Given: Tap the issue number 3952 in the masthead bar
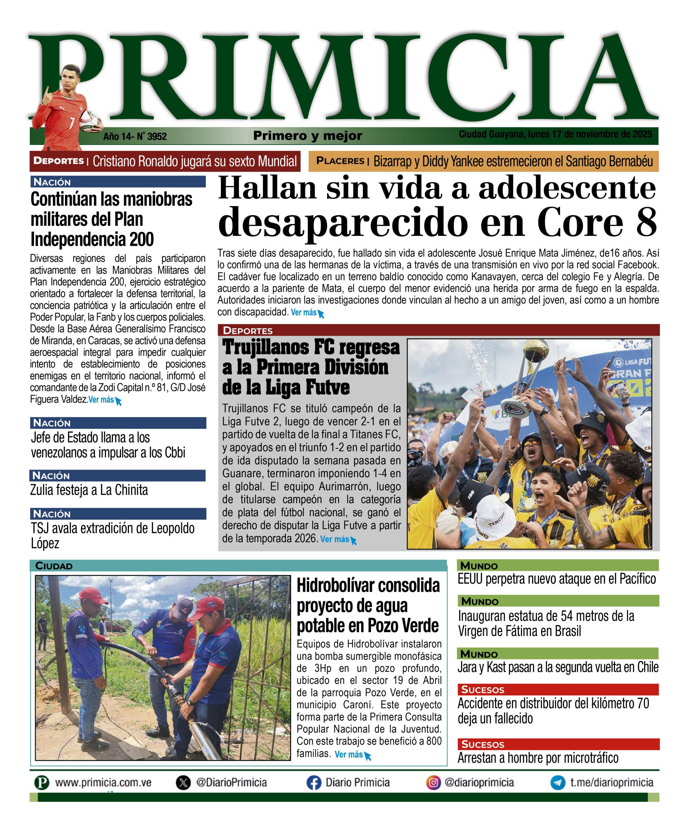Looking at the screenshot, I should (x=157, y=137).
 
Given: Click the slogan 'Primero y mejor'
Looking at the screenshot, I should (x=308, y=136).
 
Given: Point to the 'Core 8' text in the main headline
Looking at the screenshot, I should (x=597, y=222).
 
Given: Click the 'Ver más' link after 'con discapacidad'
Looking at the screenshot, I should (x=304, y=313).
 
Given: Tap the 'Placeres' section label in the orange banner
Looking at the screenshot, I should (x=340, y=161).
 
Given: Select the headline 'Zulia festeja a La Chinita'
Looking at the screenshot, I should (x=89, y=490).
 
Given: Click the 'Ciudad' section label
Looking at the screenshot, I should (x=54, y=566).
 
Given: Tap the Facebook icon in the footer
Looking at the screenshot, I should (x=313, y=783).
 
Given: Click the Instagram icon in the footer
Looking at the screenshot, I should (x=433, y=783).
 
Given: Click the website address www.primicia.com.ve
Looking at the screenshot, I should (x=103, y=783).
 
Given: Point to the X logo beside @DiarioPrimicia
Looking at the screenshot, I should (x=183, y=783).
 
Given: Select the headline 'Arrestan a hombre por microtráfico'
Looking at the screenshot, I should (x=538, y=758).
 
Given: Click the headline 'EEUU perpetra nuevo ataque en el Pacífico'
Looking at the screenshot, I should (x=556, y=579).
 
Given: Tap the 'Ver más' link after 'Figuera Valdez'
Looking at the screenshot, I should (x=101, y=400).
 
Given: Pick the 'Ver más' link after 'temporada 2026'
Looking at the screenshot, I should (x=335, y=539).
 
